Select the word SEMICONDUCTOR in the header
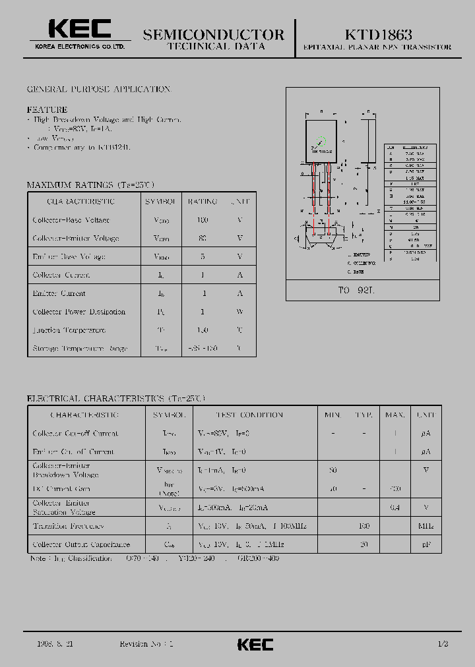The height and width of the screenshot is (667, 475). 214,34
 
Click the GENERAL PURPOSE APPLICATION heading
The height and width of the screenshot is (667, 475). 98,89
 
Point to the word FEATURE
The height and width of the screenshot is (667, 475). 47,109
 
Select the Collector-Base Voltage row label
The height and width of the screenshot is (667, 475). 71,220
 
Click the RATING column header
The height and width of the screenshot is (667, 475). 203,202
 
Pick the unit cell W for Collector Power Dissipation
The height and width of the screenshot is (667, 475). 239,312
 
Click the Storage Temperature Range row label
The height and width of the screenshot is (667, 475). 80,348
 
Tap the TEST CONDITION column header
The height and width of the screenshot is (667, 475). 249,415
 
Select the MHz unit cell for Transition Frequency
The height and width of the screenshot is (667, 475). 425,526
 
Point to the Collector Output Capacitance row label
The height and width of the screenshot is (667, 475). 81,544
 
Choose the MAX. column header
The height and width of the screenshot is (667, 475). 395,415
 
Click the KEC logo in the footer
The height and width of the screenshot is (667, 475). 255,644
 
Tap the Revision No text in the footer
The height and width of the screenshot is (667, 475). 146,643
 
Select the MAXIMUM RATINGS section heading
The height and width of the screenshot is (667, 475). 90,185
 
